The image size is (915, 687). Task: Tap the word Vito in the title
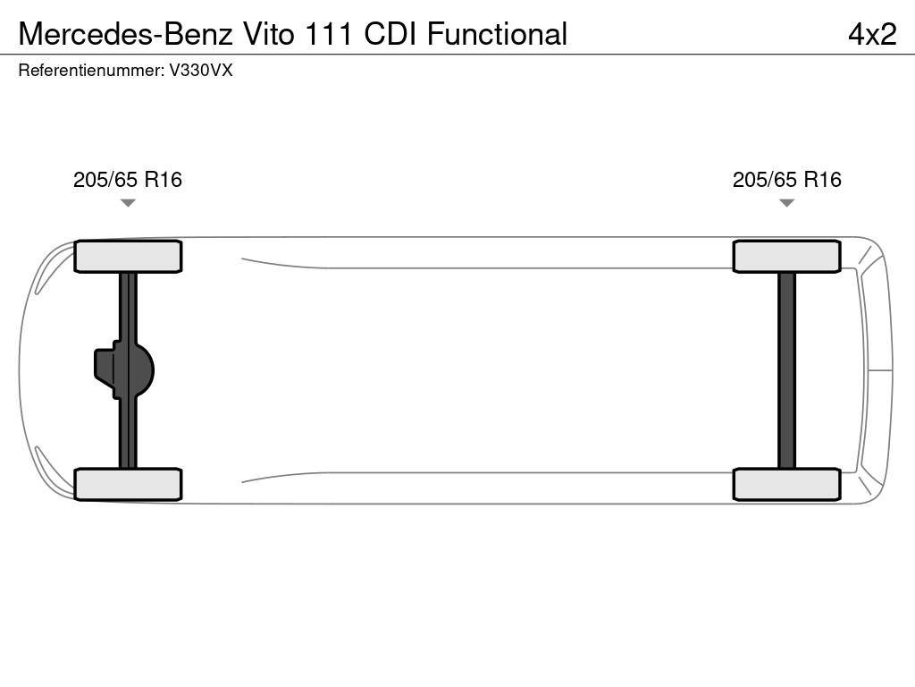[x=269, y=34]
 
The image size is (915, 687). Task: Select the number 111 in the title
[x=329, y=34]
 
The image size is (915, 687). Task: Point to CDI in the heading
[x=390, y=34]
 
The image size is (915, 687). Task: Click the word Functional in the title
[x=497, y=34]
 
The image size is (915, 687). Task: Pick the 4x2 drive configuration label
[x=872, y=35]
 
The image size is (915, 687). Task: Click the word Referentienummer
[x=91, y=71]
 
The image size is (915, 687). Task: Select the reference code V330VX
[x=201, y=71]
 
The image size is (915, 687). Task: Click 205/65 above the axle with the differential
[x=105, y=179]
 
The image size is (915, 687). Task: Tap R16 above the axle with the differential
[x=164, y=179]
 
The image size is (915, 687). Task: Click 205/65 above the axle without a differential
[x=765, y=179]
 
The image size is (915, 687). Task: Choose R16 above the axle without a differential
[x=823, y=179]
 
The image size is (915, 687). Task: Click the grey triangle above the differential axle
[x=128, y=203]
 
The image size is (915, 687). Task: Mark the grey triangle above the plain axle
[x=786, y=203]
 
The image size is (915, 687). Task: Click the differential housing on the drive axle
[x=123, y=370]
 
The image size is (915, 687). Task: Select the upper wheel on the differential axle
[x=128, y=257]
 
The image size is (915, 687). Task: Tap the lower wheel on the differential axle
[x=128, y=484]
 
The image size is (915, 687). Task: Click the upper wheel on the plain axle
[x=786, y=257]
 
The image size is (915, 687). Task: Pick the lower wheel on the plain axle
[x=786, y=484]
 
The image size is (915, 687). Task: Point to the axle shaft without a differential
[x=786, y=370]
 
